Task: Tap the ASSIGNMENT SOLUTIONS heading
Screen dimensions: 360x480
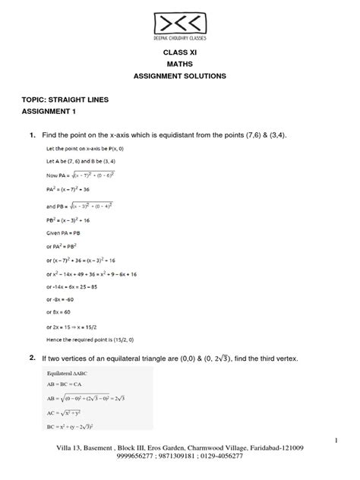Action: (x=179, y=77)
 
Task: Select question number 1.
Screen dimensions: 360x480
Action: (x=32, y=134)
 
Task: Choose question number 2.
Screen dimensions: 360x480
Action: (x=32, y=357)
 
